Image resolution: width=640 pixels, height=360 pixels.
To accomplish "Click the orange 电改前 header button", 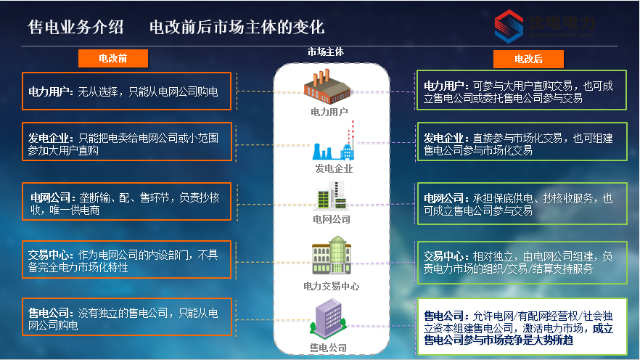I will coord(113,57).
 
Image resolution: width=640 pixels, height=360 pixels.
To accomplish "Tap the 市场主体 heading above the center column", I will coord(326,52).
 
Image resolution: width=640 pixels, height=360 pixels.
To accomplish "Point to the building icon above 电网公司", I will coord(328,196).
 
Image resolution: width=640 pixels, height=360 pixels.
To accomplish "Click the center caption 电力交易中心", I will coord(331,287).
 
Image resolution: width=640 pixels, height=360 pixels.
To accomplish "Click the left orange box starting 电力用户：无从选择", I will coord(126,91).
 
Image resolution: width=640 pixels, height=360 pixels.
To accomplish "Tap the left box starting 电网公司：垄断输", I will coord(126,202).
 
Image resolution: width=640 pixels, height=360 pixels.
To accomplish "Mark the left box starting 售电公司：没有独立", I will coord(126,319).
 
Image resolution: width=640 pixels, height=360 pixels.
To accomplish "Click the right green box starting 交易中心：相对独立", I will coord(521,262).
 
